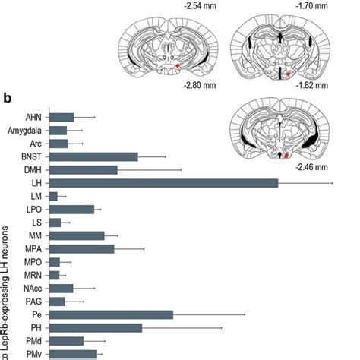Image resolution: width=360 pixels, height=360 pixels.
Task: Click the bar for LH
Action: (163, 183)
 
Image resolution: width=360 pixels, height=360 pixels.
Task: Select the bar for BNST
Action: (93, 156)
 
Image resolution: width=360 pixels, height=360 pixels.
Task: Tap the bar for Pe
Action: (110, 314)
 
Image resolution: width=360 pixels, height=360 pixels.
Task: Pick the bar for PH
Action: (95, 328)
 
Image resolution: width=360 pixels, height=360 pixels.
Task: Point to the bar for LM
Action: (52, 197)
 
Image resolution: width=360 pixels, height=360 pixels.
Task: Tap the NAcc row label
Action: (31, 288)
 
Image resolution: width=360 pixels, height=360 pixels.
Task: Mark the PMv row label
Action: (33, 354)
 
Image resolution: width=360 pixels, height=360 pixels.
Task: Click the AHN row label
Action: (33, 117)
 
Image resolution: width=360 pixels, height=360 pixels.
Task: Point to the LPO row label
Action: (33, 209)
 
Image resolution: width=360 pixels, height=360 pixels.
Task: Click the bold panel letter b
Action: (7, 98)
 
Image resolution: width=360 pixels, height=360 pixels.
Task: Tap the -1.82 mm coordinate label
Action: (312, 86)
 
